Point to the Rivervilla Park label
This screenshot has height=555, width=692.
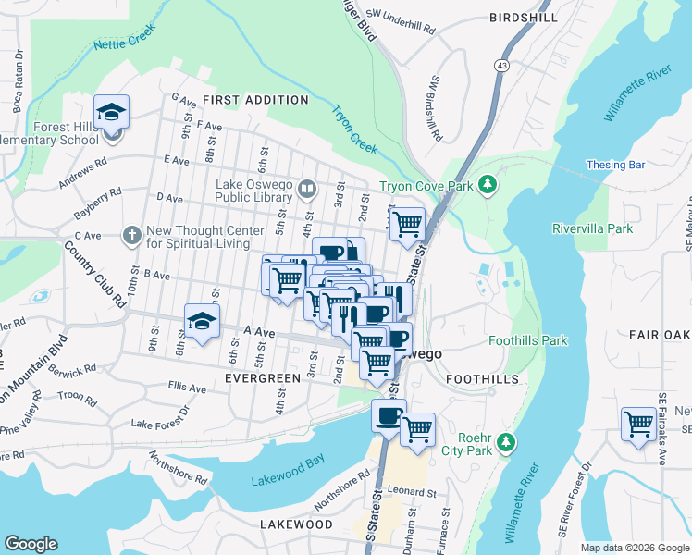click(x=591, y=228)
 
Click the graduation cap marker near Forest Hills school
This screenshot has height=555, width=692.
click(x=112, y=114)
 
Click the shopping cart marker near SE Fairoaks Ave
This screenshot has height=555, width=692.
click(x=638, y=425)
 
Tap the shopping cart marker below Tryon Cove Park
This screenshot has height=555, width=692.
click(x=406, y=224)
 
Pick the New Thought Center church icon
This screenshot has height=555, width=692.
click(x=133, y=235)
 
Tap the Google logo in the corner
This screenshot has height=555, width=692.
click(x=31, y=544)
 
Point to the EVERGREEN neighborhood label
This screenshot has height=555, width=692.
click(x=263, y=378)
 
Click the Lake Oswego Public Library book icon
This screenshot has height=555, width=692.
click(x=308, y=190)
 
